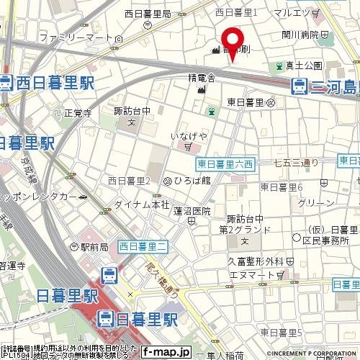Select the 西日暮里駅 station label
49,83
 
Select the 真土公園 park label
305,66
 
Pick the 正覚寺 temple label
78,112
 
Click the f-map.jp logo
166,352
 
